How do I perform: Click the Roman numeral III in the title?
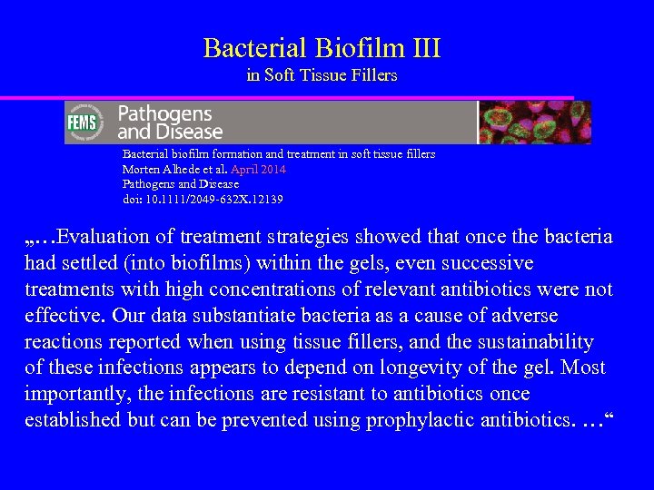[421, 48]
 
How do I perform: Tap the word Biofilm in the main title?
[352, 48]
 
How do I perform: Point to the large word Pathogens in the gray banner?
[164, 113]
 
